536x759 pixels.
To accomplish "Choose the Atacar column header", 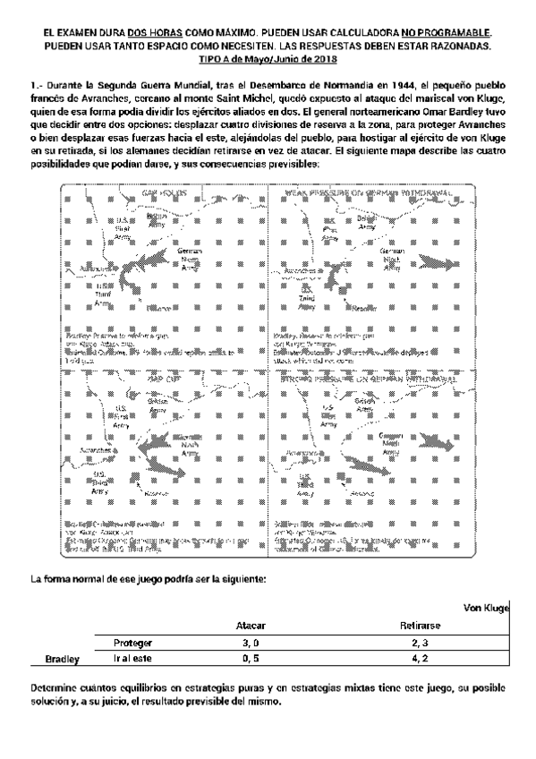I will (250, 627).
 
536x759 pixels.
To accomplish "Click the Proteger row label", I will (132, 643).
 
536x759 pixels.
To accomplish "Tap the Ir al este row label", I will (132, 659).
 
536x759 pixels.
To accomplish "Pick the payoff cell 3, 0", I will (250, 643).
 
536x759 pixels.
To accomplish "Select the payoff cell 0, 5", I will (250, 659).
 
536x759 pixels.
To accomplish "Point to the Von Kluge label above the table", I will (486, 609).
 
